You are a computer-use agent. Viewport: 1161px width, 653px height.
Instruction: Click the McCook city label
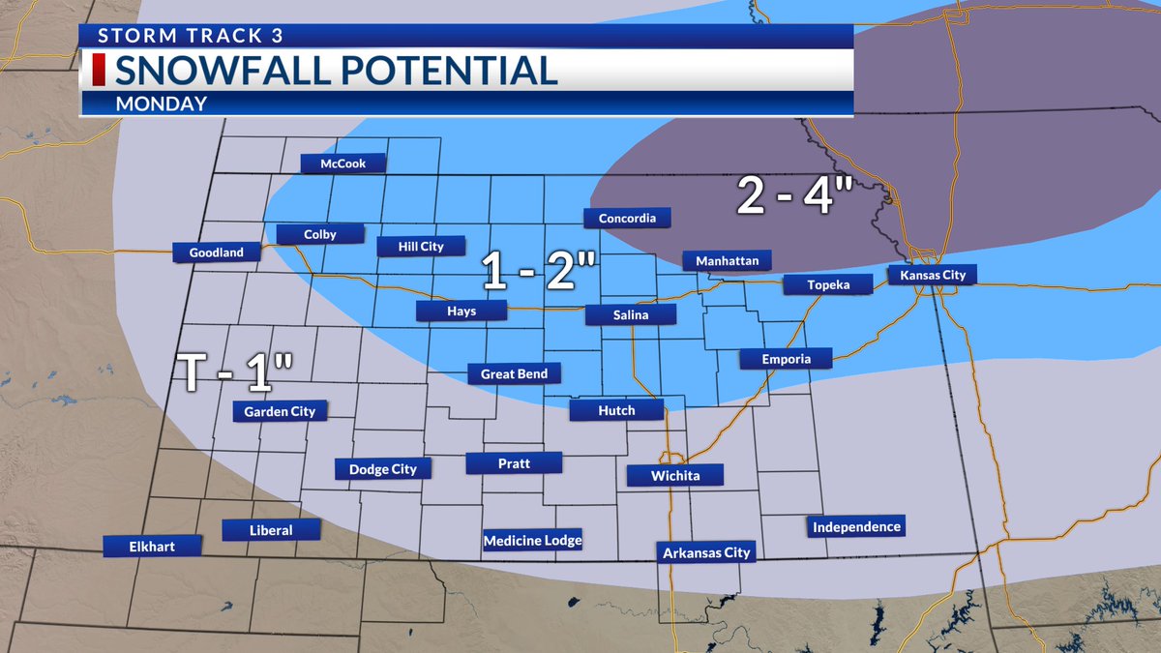(x=342, y=163)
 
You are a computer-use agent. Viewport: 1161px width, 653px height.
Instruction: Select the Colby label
(x=319, y=234)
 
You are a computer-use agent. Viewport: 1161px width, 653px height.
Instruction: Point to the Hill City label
(x=421, y=247)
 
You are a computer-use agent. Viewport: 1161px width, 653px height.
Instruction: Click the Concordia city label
(x=627, y=219)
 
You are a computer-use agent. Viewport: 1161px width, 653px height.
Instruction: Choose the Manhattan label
(x=727, y=261)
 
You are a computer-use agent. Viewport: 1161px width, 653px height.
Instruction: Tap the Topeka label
(x=829, y=284)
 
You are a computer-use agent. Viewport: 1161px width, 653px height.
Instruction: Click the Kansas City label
(x=933, y=276)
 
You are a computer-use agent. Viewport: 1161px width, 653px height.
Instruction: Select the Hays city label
(x=461, y=311)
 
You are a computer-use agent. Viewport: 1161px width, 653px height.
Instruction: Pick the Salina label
(x=630, y=314)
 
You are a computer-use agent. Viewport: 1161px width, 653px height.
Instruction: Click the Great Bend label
(x=514, y=373)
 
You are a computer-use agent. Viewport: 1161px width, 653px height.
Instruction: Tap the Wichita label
(x=675, y=475)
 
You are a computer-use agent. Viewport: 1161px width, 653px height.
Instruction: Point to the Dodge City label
(x=382, y=469)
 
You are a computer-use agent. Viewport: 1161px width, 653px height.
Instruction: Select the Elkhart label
(x=153, y=546)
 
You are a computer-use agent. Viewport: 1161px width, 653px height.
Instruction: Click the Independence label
(x=856, y=527)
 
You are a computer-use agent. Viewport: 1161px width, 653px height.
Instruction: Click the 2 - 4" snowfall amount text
(x=793, y=196)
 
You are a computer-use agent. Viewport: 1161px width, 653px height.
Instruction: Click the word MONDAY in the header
(x=162, y=104)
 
